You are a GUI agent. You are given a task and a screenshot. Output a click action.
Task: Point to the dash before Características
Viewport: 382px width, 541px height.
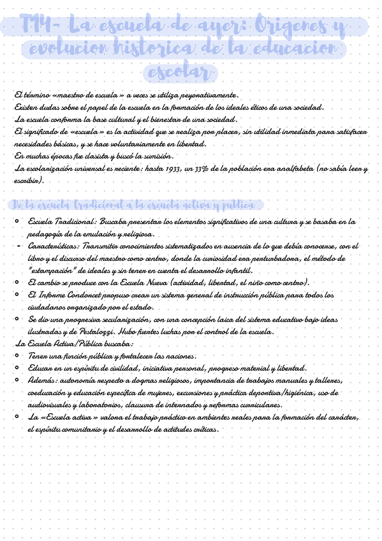(x=17, y=246)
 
